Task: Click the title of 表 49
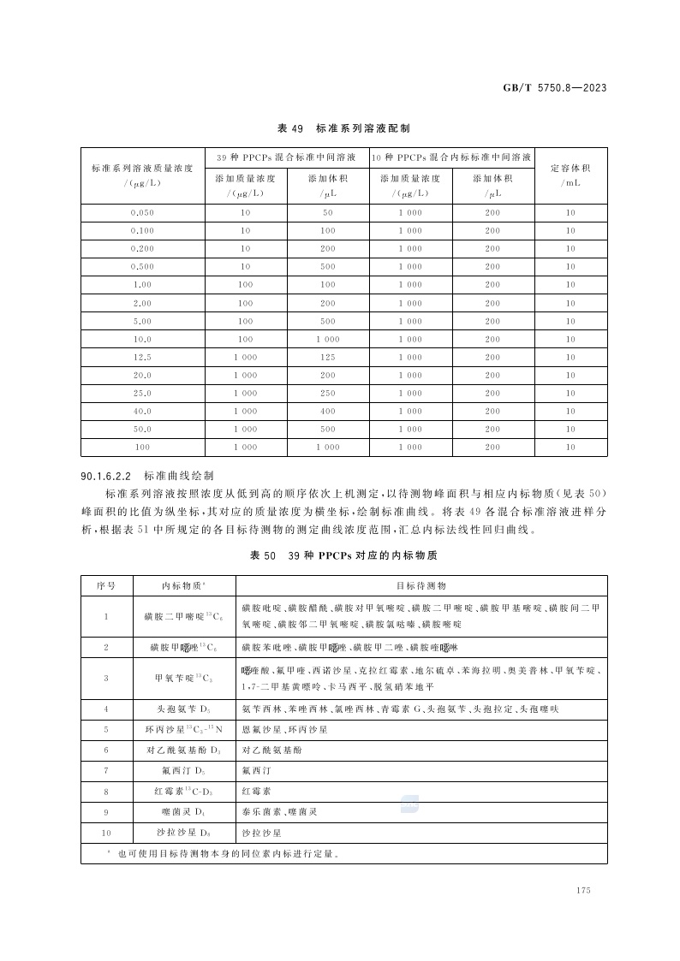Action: point(343,128)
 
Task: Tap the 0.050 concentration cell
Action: point(142,212)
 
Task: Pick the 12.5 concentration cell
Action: point(142,357)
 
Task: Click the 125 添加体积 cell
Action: point(328,357)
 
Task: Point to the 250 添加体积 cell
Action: point(328,394)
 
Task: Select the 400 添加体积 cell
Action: point(328,412)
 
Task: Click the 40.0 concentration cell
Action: point(142,412)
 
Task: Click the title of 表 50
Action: point(343,556)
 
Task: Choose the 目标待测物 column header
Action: point(421,586)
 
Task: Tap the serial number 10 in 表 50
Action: point(106,832)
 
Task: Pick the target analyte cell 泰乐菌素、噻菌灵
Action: point(279,811)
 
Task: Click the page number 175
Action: point(585,891)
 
